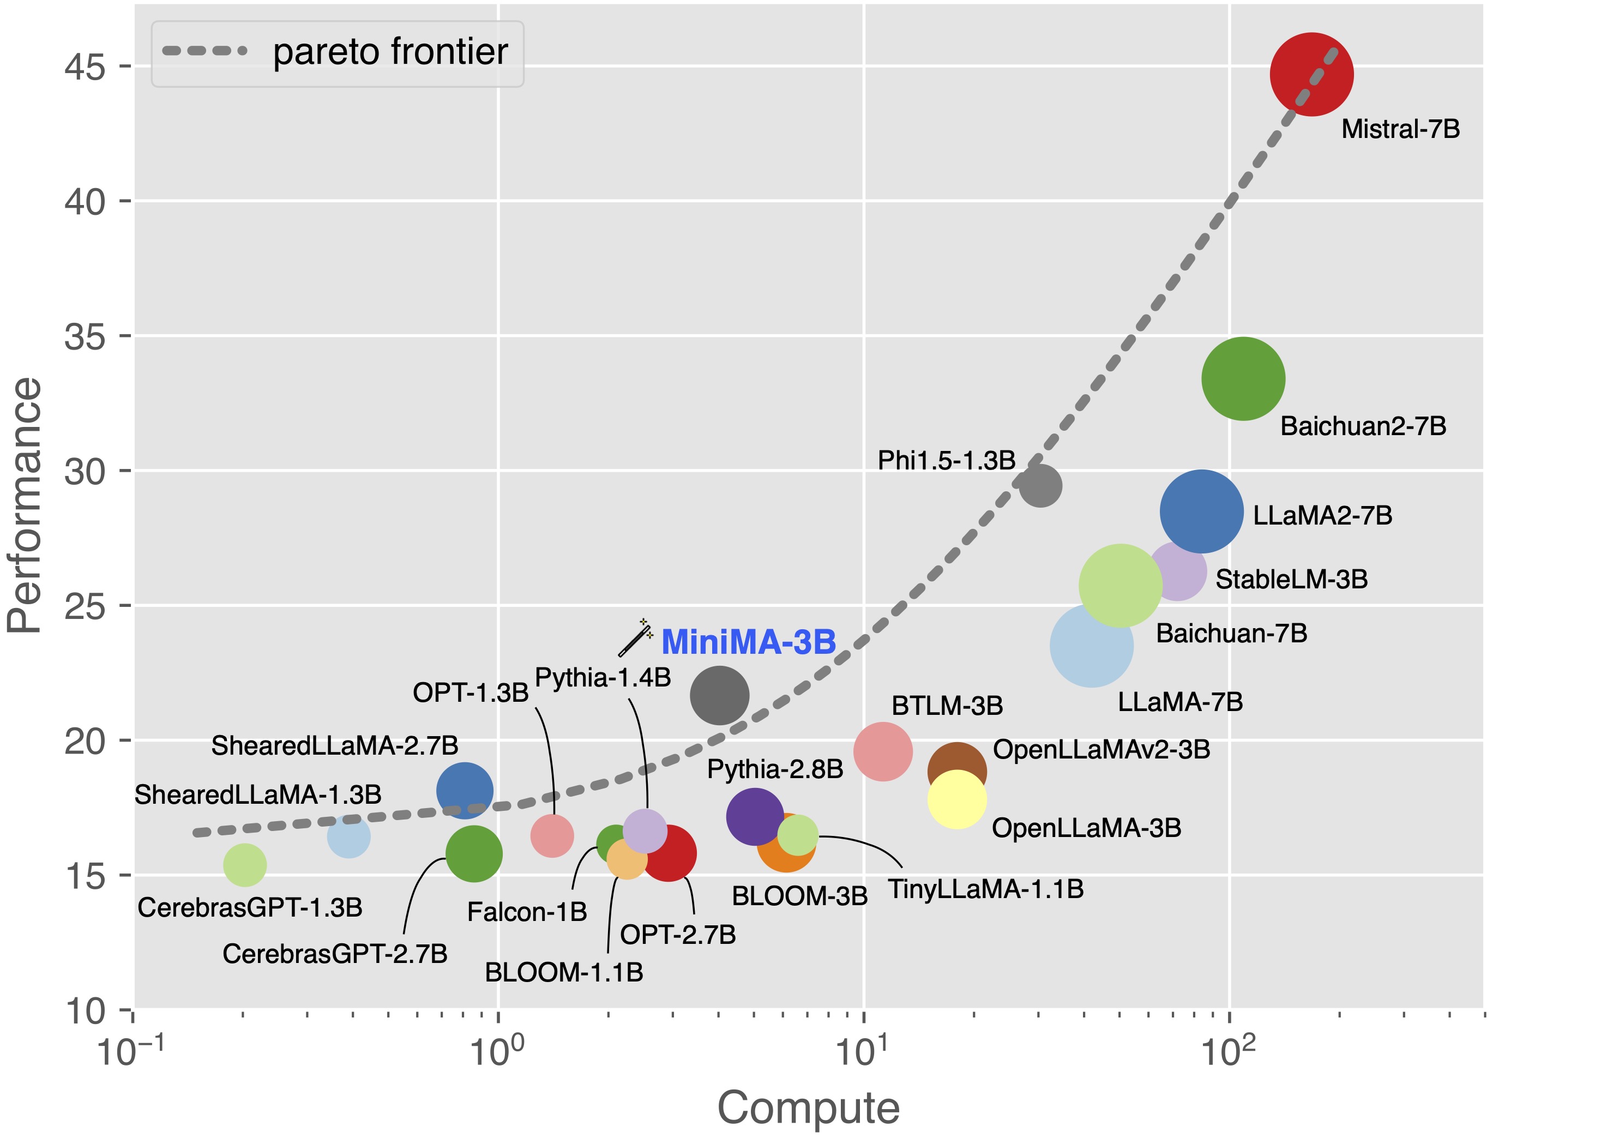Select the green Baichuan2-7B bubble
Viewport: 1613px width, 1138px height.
pyautogui.click(x=1243, y=378)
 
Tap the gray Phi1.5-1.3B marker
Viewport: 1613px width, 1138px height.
pyautogui.click(x=1040, y=485)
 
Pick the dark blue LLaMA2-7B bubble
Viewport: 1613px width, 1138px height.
pyautogui.click(x=1201, y=512)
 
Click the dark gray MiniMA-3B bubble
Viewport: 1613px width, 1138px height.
pyautogui.click(x=719, y=695)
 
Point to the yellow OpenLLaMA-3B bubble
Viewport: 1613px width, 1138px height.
pyautogui.click(x=957, y=799)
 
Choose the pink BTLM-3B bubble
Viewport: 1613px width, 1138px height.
pyautogui.click(x=883, y=751)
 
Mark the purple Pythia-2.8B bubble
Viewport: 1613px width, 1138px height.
pyautogui.click(x=755, y=816)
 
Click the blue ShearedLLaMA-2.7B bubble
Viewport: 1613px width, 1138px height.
pyautogui.click(x=465, y=790)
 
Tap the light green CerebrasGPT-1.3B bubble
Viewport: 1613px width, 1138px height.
pyautogui.click(x=244, y=865)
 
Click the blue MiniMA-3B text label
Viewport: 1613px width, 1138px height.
pyautogui.click(x=748, y=642)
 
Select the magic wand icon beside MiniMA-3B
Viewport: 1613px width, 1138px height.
pyautogui.click(x=636, y=637)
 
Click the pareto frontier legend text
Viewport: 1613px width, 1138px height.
pyautogui.click(x=390, y=52)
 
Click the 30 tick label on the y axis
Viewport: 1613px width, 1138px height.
pyautogui.click(x=85, y=471)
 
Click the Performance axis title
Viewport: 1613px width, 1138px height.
pyautogui.click(x=25, y=506)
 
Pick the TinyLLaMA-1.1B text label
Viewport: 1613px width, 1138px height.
pyautogui.click(x=986, y=889)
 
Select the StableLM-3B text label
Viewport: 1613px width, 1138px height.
pyautogui.click(x=1291, y=580)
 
